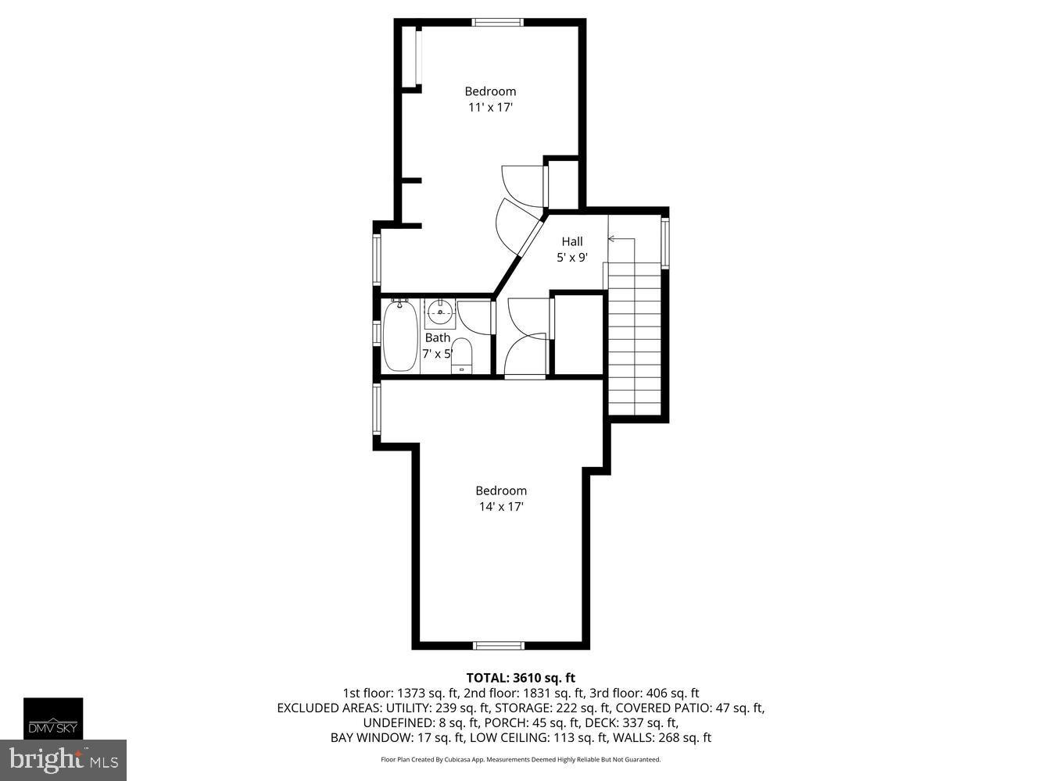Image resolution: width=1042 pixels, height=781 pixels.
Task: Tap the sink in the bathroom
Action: point(440,313)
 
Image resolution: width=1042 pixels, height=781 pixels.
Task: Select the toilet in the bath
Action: point(461,355)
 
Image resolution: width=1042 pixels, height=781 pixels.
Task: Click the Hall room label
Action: point(571,241)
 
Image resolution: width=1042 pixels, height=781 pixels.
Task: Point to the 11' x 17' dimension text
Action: point(490,108)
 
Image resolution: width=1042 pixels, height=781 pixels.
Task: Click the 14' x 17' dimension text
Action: point(501,507)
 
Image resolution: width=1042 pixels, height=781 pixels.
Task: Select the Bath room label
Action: point(437,337)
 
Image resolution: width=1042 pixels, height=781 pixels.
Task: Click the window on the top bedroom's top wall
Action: point(498,23)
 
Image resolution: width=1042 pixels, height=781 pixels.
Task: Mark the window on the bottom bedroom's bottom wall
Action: point(499,645)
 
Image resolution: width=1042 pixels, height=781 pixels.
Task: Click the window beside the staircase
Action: point(665,243)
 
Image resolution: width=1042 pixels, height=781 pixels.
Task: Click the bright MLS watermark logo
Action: point(63,760)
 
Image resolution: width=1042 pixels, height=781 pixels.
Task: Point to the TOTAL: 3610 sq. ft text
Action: point(521,678)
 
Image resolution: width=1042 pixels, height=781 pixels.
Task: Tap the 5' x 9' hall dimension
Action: point(571,258)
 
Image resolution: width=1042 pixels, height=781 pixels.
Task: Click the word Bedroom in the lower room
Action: point(501,490)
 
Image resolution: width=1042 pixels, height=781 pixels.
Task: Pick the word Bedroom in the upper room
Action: point(490,91)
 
